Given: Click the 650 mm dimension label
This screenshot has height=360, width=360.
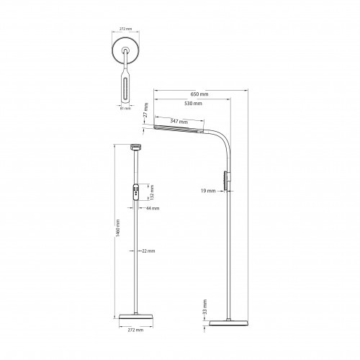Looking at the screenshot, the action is [199, 94].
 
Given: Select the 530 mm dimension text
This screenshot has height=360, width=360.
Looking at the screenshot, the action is [193, 104].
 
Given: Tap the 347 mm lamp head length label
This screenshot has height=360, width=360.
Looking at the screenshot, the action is [179, 121].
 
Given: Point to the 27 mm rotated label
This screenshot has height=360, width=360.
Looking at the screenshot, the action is [146, 110].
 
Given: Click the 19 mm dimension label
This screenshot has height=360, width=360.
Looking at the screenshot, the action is [208, 191].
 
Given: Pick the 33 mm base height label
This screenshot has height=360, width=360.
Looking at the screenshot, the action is [204, 307].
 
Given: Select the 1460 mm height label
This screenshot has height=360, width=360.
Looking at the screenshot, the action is [117, 228].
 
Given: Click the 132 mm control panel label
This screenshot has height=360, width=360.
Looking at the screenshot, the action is [152, 192].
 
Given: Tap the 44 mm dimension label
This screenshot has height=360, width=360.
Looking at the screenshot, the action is [153, 208].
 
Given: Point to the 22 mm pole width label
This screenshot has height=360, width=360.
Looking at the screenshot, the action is [148, 251].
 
